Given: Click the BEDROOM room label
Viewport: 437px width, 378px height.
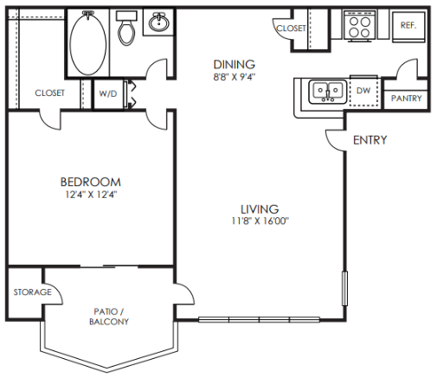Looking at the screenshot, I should [90, 182].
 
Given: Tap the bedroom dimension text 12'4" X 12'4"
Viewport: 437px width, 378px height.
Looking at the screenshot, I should [90, 195].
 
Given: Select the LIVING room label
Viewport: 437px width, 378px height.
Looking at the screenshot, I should [260, 208].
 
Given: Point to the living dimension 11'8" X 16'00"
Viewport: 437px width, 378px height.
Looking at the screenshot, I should [260, 221].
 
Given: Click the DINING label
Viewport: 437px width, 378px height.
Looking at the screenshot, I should [235, 64].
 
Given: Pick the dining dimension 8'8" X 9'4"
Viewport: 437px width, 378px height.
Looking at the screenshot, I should [235, 76].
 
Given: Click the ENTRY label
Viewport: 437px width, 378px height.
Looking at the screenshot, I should [370, 140].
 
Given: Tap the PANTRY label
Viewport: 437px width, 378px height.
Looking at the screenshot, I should [406, 99].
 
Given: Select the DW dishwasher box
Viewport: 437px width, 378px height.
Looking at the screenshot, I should [363, 89].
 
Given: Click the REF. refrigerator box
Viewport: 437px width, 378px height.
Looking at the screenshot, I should [408, 27].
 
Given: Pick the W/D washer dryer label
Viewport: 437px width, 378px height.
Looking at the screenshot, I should [108, 93].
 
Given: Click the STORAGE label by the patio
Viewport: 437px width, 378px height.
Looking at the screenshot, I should [32, 292].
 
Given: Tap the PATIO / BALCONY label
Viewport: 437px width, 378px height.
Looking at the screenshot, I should [109, 317].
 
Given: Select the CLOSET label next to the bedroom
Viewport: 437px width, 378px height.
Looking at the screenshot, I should [49, 93].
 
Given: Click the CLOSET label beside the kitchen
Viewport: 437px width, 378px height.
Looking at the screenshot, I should [291, 29].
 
